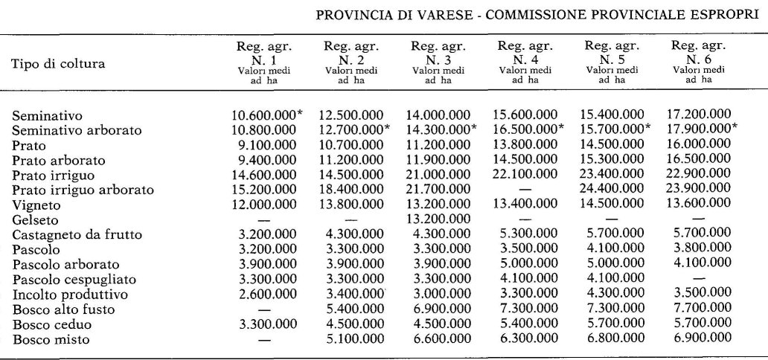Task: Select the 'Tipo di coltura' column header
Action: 57,63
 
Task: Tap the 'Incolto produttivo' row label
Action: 69,295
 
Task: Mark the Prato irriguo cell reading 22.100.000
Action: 525,174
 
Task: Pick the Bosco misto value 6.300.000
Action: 525,340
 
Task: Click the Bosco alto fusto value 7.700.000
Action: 700,309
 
